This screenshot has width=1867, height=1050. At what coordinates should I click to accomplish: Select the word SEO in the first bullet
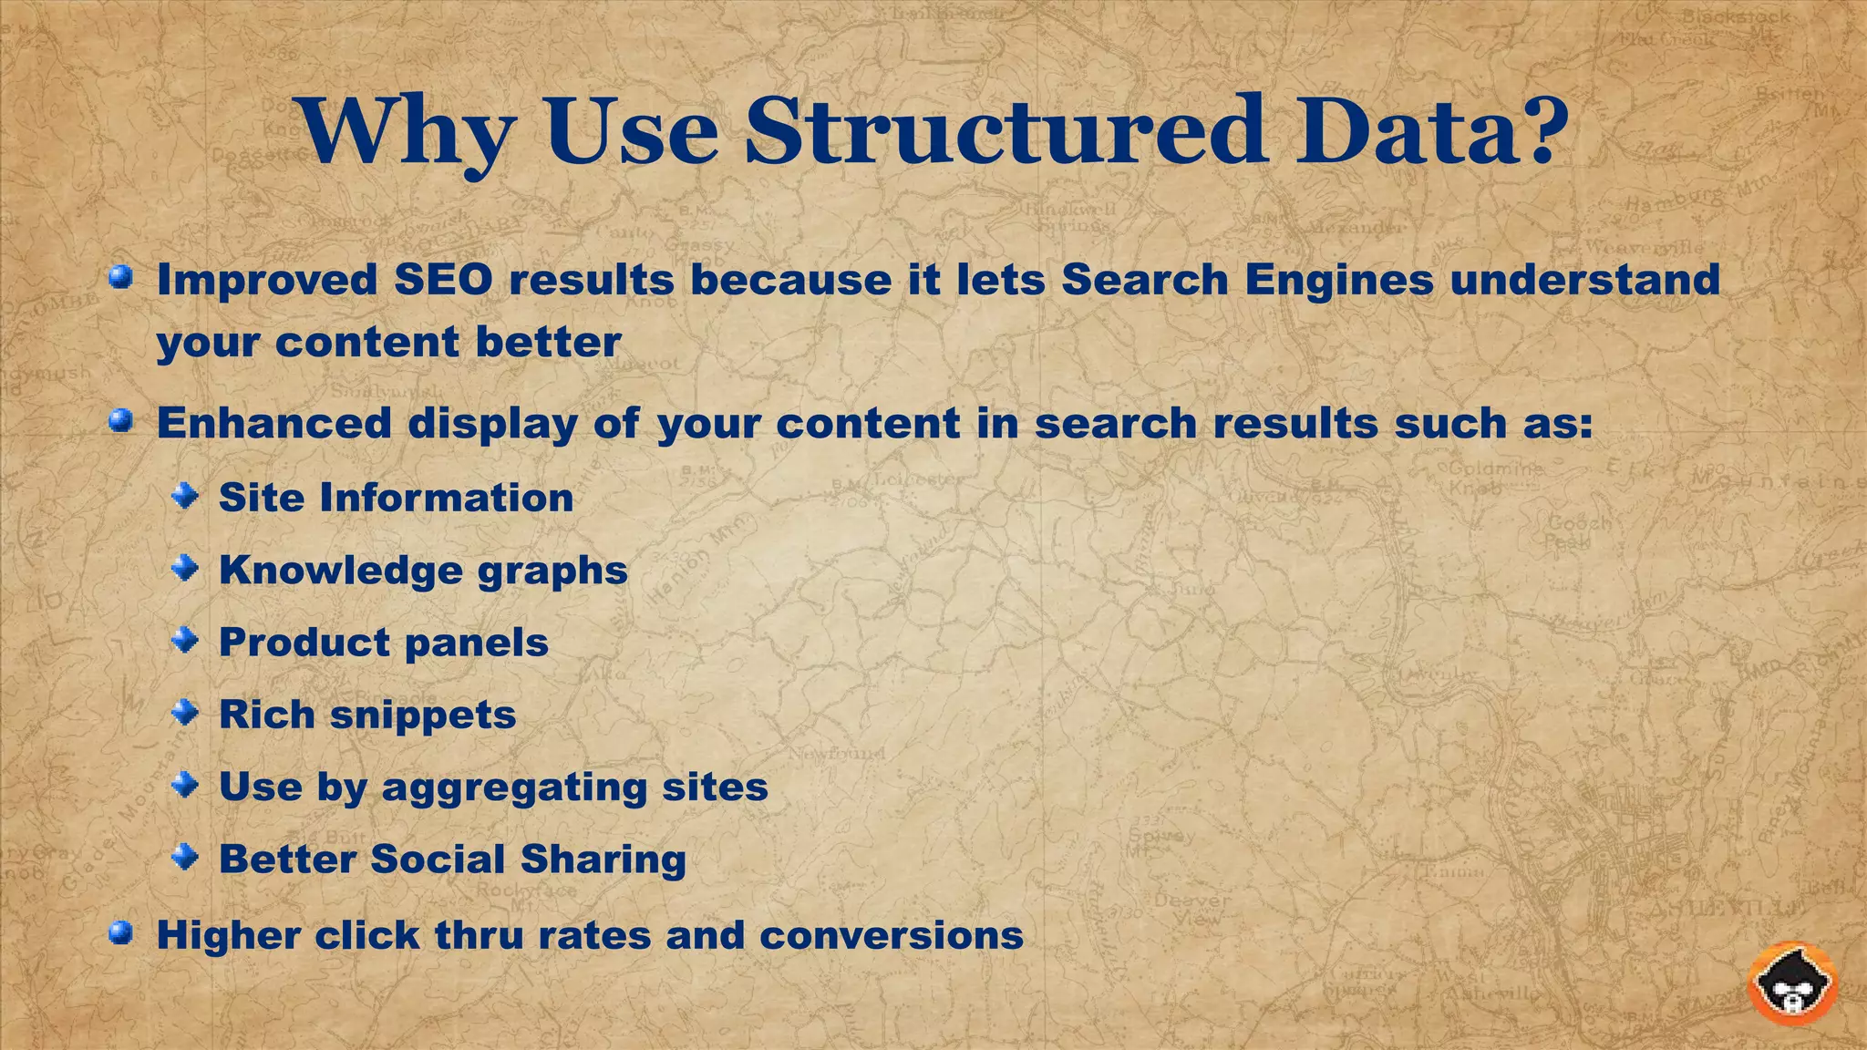coord(443,279)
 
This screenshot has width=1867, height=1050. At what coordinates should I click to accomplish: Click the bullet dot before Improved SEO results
coord(120,277)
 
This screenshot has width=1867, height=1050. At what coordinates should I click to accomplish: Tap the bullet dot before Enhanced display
coord(120,421)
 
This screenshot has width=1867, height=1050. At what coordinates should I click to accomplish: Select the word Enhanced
coord(274,423)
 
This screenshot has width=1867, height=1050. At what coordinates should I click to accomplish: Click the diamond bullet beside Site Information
coord(186,496)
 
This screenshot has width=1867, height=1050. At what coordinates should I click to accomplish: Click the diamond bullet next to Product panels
coord(186,641)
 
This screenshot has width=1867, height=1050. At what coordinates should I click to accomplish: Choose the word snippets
coord(423,715)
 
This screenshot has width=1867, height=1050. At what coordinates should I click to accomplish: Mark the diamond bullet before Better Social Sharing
coord(186,857)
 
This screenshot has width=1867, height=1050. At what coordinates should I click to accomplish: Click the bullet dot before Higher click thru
coord(120,933)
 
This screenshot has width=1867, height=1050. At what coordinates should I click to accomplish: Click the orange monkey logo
coord(1792,983)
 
